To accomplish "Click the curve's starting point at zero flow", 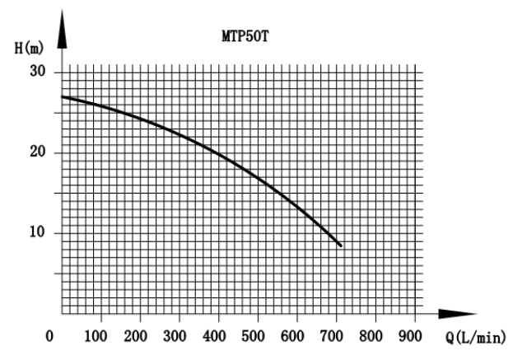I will (x=63, y=96).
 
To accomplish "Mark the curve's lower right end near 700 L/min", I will (x=341, y=245).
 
